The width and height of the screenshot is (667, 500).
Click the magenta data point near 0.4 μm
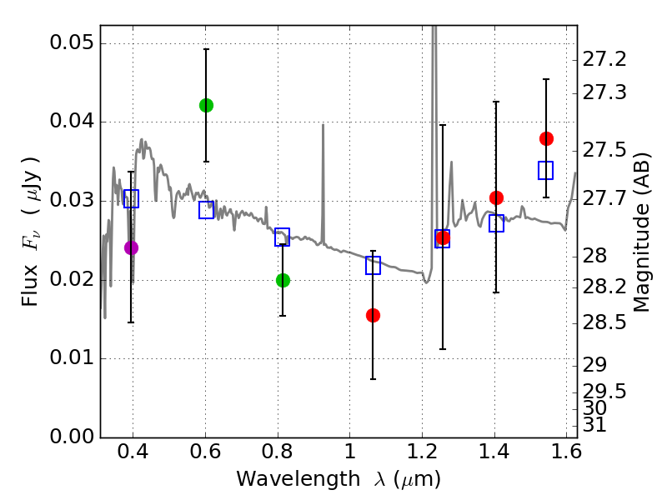click(x=131, y=247)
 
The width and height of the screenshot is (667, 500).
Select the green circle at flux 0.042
click(x=206, y=105)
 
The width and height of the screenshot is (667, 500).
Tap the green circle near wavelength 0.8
click(x=283, y=280)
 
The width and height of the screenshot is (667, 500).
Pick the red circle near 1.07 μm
click(x=373, y=315)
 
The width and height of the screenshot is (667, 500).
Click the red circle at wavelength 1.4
click(x=496, y=197)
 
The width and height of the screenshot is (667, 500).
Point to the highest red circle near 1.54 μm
click(x=546, y=138)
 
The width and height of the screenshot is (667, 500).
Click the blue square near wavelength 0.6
click(x=206, y=210)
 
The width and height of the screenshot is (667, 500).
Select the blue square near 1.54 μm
click(x=546, y=171)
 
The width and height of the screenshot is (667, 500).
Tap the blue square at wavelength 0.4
click(x=131, y=198)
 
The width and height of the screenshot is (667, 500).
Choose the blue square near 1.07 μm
click(x=373, y=266)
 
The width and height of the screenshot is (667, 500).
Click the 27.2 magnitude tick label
click(x=605, y=60)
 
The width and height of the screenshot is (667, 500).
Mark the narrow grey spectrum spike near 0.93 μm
click(x=323, y=167)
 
